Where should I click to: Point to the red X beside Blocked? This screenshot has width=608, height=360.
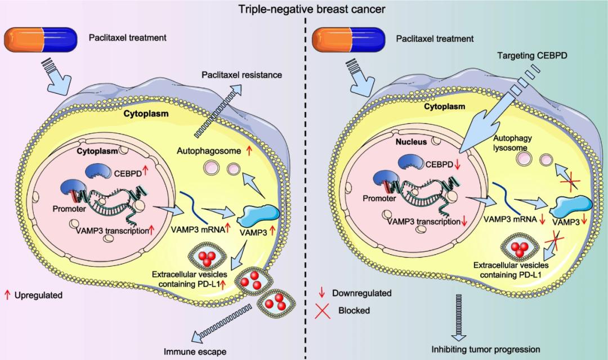(x=324, y=309)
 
